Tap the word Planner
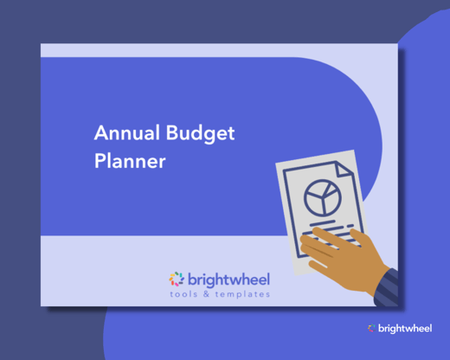pos(129,161)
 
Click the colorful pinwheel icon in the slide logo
pos(177,279)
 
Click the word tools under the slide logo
pos(186,294)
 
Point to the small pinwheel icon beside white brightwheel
pos(371,328)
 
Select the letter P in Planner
pos(99,161)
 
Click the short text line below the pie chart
pos(327,223)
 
